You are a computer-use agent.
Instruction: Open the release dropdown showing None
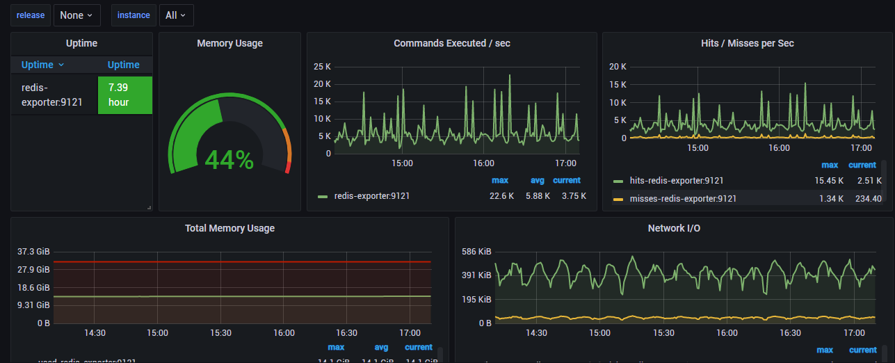[76, 15]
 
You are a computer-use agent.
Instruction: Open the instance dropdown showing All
[176, 15]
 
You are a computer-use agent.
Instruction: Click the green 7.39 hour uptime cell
[124, 95]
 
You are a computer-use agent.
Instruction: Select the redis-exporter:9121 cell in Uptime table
[52, 95]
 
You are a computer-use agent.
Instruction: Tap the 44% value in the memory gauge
[229, 160]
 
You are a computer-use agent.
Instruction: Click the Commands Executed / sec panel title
[451, 43]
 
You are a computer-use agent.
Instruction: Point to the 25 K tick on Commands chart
[322, 67]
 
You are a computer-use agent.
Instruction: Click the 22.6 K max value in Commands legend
[501, 196]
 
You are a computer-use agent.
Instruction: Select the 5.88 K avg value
[538, 196]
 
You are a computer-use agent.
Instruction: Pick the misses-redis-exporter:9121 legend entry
[683, 199]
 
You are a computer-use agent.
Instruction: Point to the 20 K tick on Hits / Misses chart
[618, 67]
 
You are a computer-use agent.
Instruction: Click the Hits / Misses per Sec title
[747, 43]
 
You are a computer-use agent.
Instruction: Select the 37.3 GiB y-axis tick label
[33, 252]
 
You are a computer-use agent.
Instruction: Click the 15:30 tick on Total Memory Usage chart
[221, 333]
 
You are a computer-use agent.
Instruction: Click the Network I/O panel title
[675, 228]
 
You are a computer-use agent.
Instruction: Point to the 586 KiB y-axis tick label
[476, 252]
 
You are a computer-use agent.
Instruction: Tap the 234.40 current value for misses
[867, 199]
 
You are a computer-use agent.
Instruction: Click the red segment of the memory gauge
[288, 167]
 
